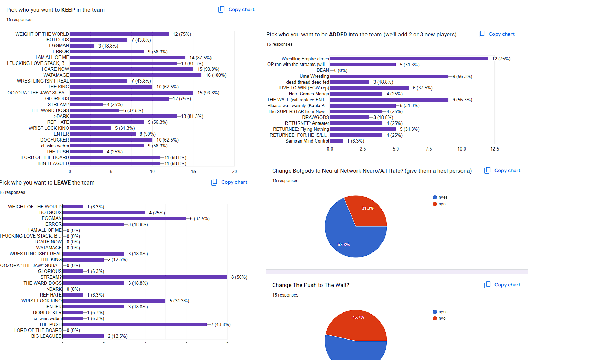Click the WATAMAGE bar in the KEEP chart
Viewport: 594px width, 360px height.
pos(135,75)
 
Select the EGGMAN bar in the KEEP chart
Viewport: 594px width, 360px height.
pos(82,46)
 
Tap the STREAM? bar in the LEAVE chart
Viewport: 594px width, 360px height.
pos(145,277)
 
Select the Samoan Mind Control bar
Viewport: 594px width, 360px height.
pos(336,141)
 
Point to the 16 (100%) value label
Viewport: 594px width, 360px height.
pos(216,75)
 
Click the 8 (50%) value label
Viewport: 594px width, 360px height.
pos(239,277)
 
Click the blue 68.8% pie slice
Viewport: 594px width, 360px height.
pos(347,239)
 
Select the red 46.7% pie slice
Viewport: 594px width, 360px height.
pos(357,324)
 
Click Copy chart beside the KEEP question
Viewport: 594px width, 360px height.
pos(236,9)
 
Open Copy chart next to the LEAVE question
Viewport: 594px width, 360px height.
pos(229,182)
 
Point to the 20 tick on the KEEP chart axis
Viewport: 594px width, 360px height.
pos(234,171)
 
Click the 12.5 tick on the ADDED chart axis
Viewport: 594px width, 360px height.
pos(494,149)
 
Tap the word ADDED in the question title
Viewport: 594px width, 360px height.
pos(338,35)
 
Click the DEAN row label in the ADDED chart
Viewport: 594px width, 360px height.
pos(322,70)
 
